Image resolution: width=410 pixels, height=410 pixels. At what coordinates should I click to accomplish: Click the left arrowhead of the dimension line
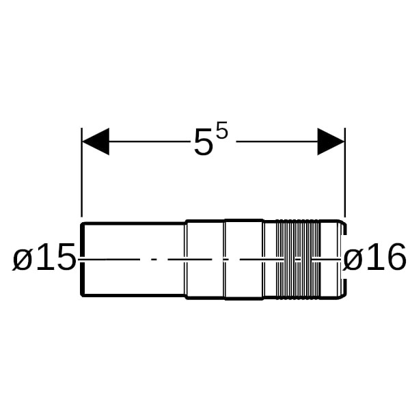pyautogui.click(x=96, y=141)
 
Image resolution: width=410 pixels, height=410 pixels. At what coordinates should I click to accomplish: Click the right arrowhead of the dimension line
pyautogui.click(x=331, y=141)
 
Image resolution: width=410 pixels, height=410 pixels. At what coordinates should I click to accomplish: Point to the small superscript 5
pyautogui.click(x=221, y=130)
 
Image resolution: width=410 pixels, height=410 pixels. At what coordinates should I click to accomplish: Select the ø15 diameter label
pyautogui.click(x=44, y=256)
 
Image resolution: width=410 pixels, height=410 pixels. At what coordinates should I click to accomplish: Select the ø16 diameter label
pyautogui.click(x=374, y=256)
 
